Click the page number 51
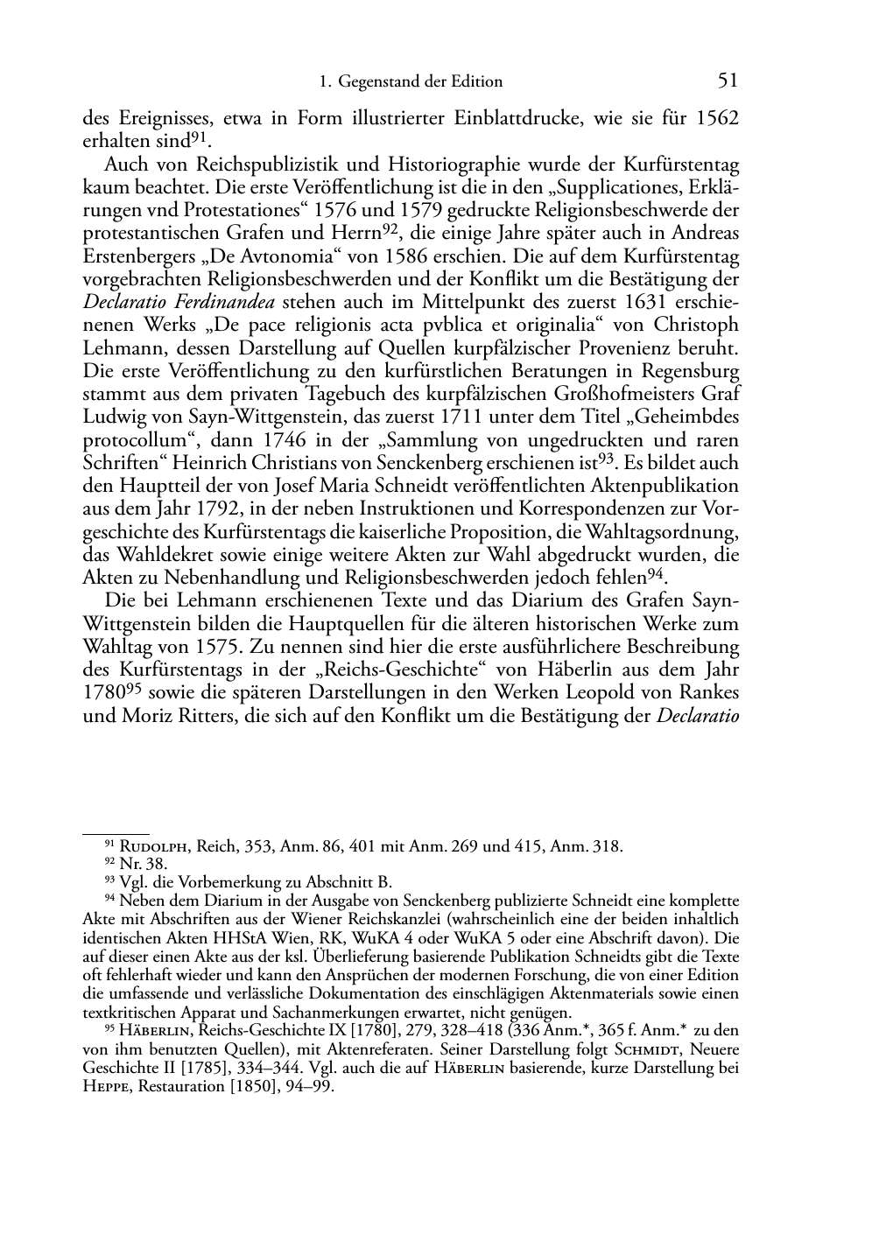click(x=728, y=81)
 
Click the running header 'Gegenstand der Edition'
click(x=420, y=82)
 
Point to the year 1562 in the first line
click(x=717, y=118)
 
